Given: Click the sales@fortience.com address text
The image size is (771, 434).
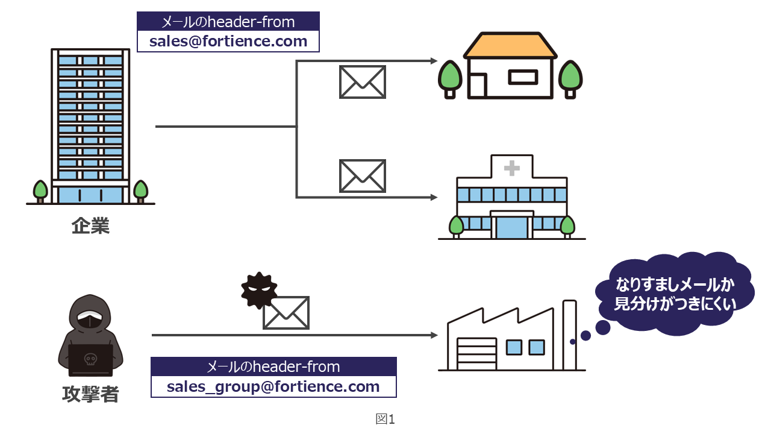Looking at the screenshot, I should pos(228,42).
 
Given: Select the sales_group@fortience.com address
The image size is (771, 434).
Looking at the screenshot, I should pos(273,386).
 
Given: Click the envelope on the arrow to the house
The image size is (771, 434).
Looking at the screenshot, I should pos(362,82).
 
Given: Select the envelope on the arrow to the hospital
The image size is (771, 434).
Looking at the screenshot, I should pos(362,175).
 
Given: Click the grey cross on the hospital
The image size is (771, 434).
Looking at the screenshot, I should pos(512,168).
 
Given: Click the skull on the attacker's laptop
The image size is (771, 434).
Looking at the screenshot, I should pos(90,360).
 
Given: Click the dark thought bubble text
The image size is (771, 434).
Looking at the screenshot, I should pos(675,294).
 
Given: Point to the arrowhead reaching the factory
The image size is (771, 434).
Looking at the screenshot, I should pos(434,335).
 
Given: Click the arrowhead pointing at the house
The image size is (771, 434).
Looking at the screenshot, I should pos(434,60).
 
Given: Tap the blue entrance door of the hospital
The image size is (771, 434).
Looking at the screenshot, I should pos(511,227).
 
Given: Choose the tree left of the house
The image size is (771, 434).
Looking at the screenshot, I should pos(449,77).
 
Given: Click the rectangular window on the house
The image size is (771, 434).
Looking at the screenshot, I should pos(522,77).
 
